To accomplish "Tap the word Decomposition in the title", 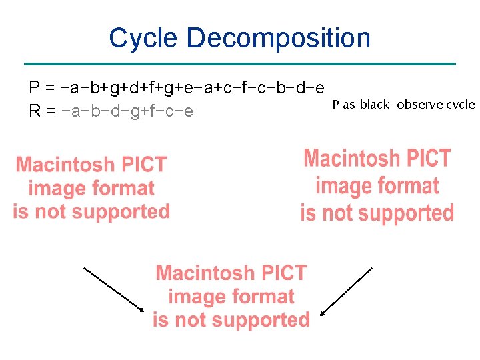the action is (x=279, y=38).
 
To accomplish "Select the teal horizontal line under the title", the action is (x=239, y=64).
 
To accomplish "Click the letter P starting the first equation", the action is (x=34, y=88).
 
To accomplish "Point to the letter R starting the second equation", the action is (x=35, y=111).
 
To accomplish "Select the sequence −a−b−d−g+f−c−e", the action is (x=127, y=111).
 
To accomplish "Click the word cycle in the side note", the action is (x=461, y=105).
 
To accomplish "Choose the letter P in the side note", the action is (x=335, y=105).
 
